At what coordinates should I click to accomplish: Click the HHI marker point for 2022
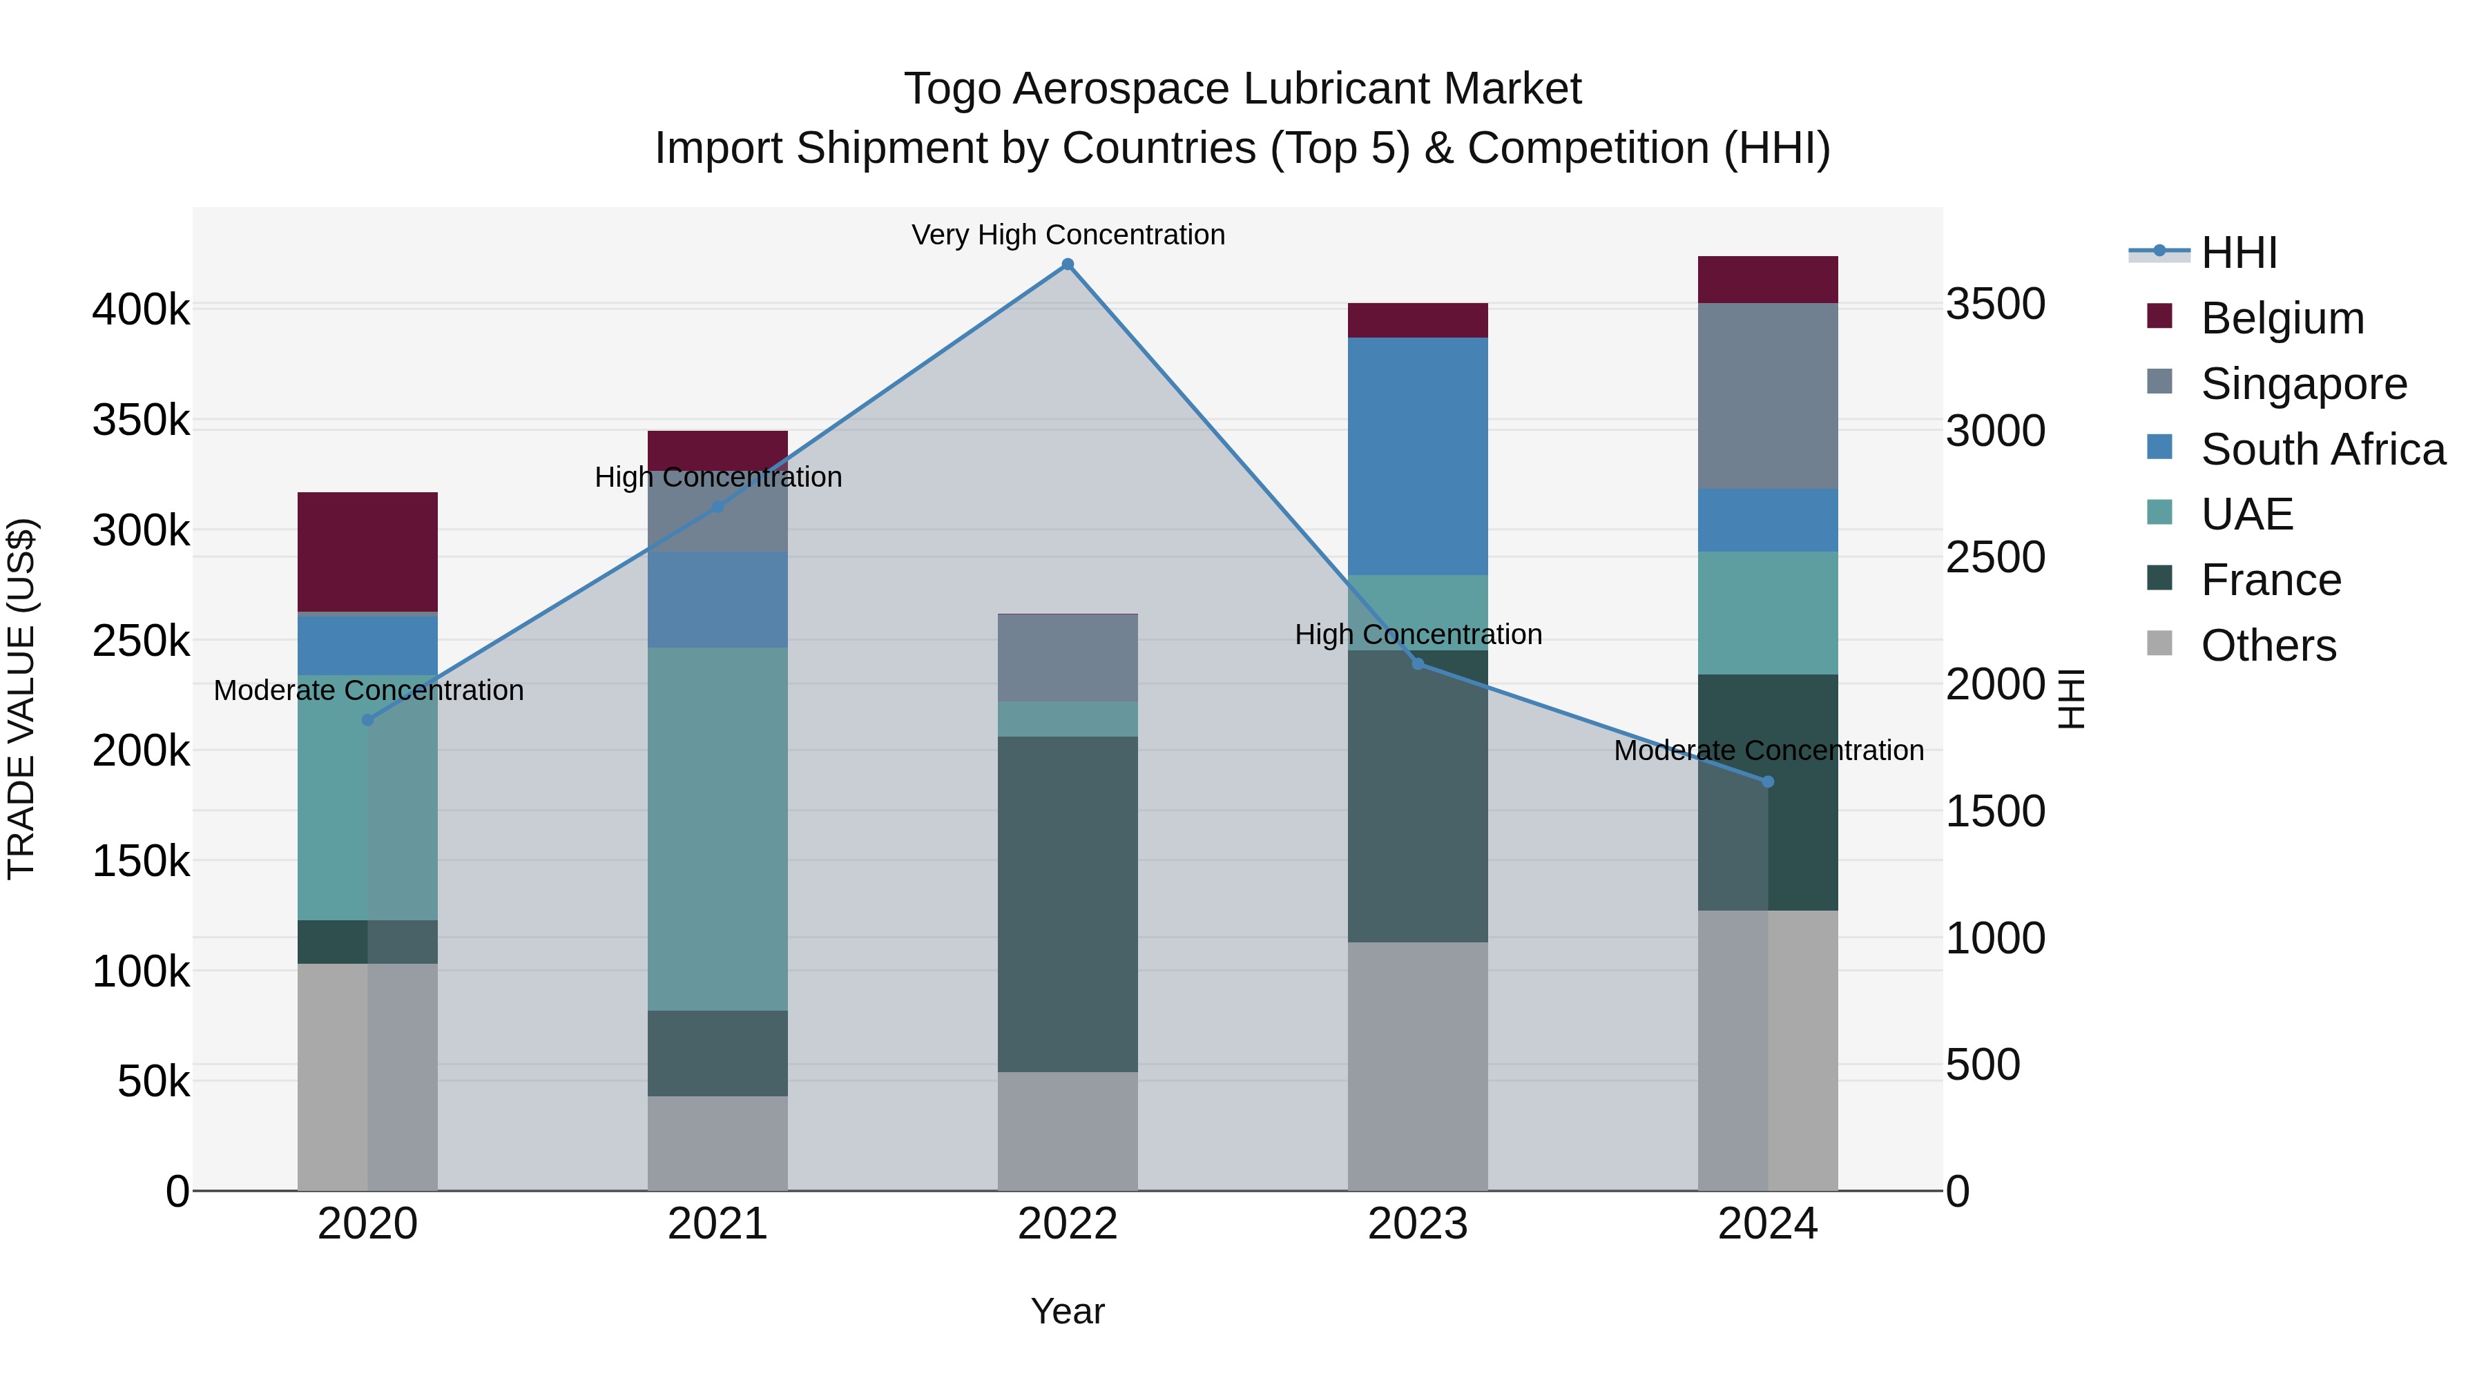(x=1068, y=264)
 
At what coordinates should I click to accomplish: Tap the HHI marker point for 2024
(x=1768, y=781)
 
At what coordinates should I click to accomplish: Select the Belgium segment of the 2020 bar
(x=367, y=552)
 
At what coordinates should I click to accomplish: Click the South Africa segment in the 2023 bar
(x=1417, y=456)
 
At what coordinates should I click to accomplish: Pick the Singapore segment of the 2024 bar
(x=1767, y=396)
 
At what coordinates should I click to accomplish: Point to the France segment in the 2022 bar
(x=1068, y=904)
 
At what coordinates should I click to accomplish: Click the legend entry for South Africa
(x=2322, y=449)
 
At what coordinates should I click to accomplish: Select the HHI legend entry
(x=2239, y=253)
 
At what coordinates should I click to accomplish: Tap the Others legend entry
(x=2268, y=645)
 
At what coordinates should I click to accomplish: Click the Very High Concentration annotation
(x=1068, y=235)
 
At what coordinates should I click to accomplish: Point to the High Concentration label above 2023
(x=1418, y=635)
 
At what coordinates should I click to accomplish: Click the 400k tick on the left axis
(x=141, y=311)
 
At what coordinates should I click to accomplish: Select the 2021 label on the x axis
(x=717, y=1224)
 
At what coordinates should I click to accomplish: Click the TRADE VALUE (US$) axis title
(x=21, y=699)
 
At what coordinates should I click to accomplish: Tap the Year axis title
(x=1068, y=1311)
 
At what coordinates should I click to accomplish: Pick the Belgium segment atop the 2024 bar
(x=1767, y=280)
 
